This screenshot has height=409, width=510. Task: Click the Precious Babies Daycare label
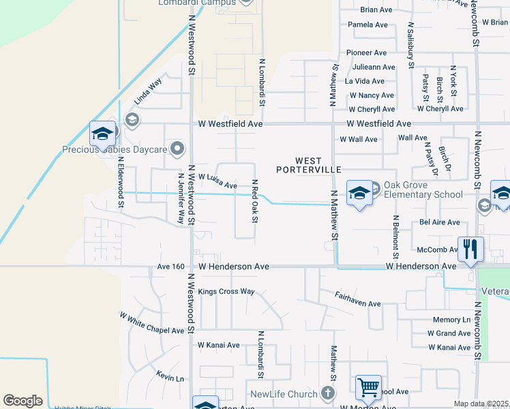[x=115, y=149]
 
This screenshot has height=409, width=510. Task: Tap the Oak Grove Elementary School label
[x=423, y=190]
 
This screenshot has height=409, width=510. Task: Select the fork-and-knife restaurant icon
[x=470, y=249]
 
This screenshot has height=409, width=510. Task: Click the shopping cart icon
[x=368, y=388]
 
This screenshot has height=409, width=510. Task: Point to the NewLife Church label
[x=284, y=394]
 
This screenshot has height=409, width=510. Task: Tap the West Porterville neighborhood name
[x=308, y=165]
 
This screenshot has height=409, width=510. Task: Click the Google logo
[x=22, y=401]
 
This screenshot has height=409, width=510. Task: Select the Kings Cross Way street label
[x=226, y=292]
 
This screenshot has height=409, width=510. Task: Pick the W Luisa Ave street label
[x=217, y=181]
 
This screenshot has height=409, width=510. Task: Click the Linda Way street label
[x=148, y=91]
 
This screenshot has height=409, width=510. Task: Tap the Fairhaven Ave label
[x=357, y=299]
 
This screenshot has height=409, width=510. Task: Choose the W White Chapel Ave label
[x=152, y=323]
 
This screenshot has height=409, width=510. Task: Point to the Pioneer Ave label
[x=366, y=52]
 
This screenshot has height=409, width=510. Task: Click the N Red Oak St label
[x=254, y=200]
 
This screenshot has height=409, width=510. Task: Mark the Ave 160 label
[x=170, y=267]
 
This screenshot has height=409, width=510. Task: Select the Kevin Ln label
[x=170, y=378]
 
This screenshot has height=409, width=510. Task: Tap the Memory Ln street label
[x=451, y=320]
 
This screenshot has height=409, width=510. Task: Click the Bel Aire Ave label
[x=440, y=222]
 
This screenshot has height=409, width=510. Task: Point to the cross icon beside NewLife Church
[x=328, y=393]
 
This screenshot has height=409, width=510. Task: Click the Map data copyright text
[x=480, y=404]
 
